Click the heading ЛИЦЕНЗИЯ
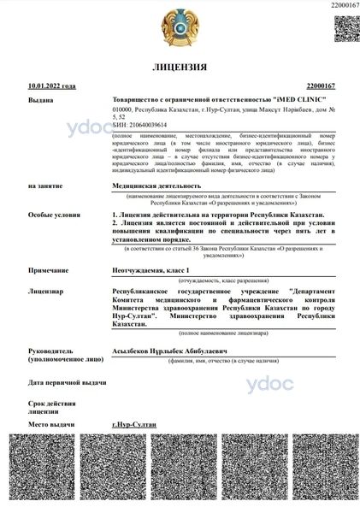tap(180, 66)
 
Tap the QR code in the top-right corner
tap(344, 28)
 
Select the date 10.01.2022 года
tap(51, 86)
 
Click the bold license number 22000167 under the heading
tap(320, 86)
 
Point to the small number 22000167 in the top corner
tap(341, 5)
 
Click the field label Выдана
tap(40, 100)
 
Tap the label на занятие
tap(44, 185)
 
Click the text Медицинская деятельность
tap(156, 185)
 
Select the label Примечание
tap(48, 269)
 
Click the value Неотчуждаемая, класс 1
tap(151, 269)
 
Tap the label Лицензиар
tap(45, 291)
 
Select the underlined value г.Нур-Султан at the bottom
tap(137, 423)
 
